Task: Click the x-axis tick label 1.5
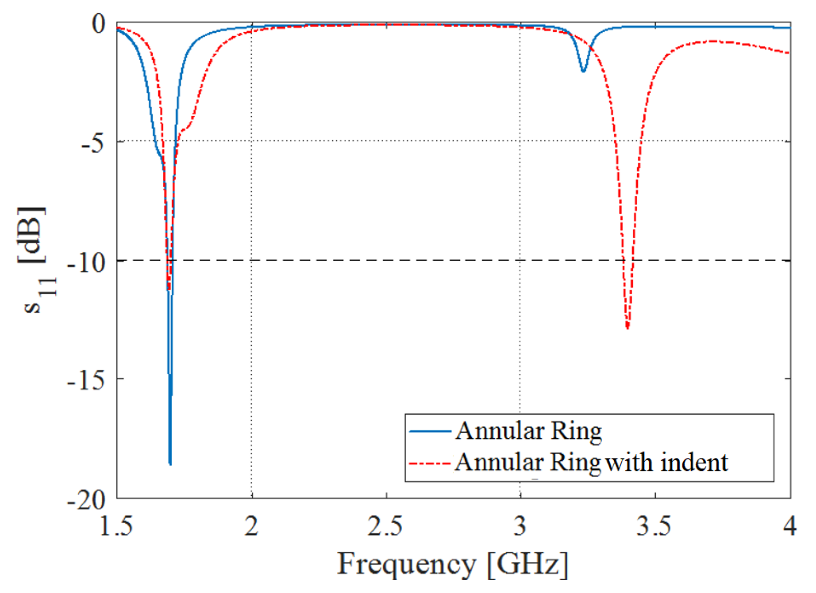[116, 527]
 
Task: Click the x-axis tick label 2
[251, 527]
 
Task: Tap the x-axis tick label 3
[520, 527]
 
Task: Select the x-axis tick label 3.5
[654, 527]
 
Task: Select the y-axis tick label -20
[86, 500]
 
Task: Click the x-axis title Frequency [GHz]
[452, 564]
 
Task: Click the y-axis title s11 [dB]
[35, 261]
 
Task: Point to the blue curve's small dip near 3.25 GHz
[583, 71]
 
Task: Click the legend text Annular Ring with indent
[591, 463]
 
